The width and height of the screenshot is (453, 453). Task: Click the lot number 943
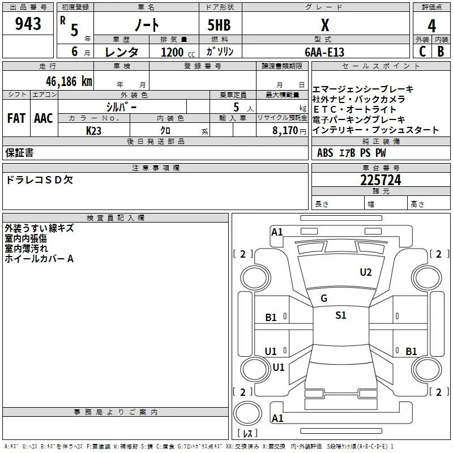(x=28, y=24)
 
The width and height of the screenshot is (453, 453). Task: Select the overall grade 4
(x=431, y=26)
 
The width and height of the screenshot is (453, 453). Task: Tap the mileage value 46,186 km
(x=69, y=82)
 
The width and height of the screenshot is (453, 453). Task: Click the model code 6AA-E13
(x=324, y=52)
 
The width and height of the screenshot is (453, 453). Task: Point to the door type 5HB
(x=219, y=25)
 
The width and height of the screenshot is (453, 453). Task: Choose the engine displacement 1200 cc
(x=178, y=52)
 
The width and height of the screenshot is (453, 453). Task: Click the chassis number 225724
(x=381, y=180)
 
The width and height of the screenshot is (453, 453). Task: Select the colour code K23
(x=93, y=131)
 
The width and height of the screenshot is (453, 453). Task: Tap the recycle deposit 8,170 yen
(x=289, y=131)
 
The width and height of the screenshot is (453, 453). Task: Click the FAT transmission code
(x=16, y=118)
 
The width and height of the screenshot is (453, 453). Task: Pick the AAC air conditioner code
(x=44, y=118)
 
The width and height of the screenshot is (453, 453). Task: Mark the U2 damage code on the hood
(x=366, y=272)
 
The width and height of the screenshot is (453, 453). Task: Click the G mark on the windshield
(x=324, y=298)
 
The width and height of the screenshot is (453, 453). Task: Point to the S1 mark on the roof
(x=341, y=315)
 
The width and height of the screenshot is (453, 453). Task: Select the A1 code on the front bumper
(x=277, y=232)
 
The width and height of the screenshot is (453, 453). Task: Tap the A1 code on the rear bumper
(x=277, y=418)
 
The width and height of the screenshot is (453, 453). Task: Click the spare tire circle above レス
(x=247, y=413)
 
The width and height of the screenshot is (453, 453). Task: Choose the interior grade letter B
(x=441, y=52)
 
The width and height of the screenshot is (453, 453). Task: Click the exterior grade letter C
(x=422, y=52)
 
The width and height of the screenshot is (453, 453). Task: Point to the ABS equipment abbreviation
(x=325, y=153)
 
